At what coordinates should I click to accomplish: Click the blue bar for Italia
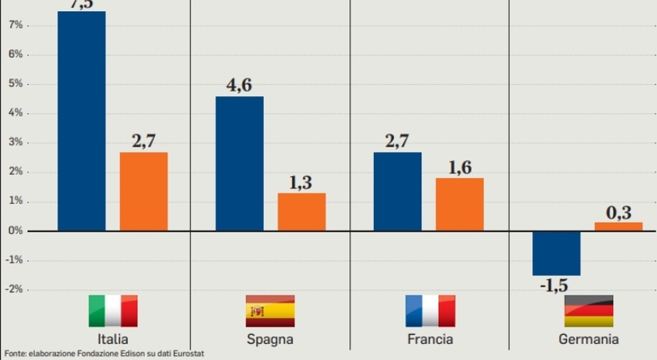(82, 121)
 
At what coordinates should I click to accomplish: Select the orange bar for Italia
(144, 191)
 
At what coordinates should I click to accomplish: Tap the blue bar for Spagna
(240, 163)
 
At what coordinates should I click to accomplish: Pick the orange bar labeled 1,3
(302, 212)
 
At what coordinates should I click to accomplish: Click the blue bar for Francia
(398, 191)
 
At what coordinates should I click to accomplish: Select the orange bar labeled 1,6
(460, 204)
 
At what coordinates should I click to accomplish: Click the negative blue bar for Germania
(556, 253)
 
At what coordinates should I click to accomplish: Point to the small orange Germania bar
(619, 226)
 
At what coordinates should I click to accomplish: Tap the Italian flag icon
(113, 311)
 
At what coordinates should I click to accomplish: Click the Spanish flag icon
(270, 311)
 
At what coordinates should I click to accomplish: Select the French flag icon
(430, 311)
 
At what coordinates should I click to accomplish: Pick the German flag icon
(589, 311)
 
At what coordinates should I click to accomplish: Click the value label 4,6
(239, 85)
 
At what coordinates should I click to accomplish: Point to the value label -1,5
(554, 286)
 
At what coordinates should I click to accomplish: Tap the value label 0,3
(619, 213)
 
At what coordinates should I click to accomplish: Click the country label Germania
(588, 339)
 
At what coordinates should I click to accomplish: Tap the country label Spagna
(270, 339)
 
